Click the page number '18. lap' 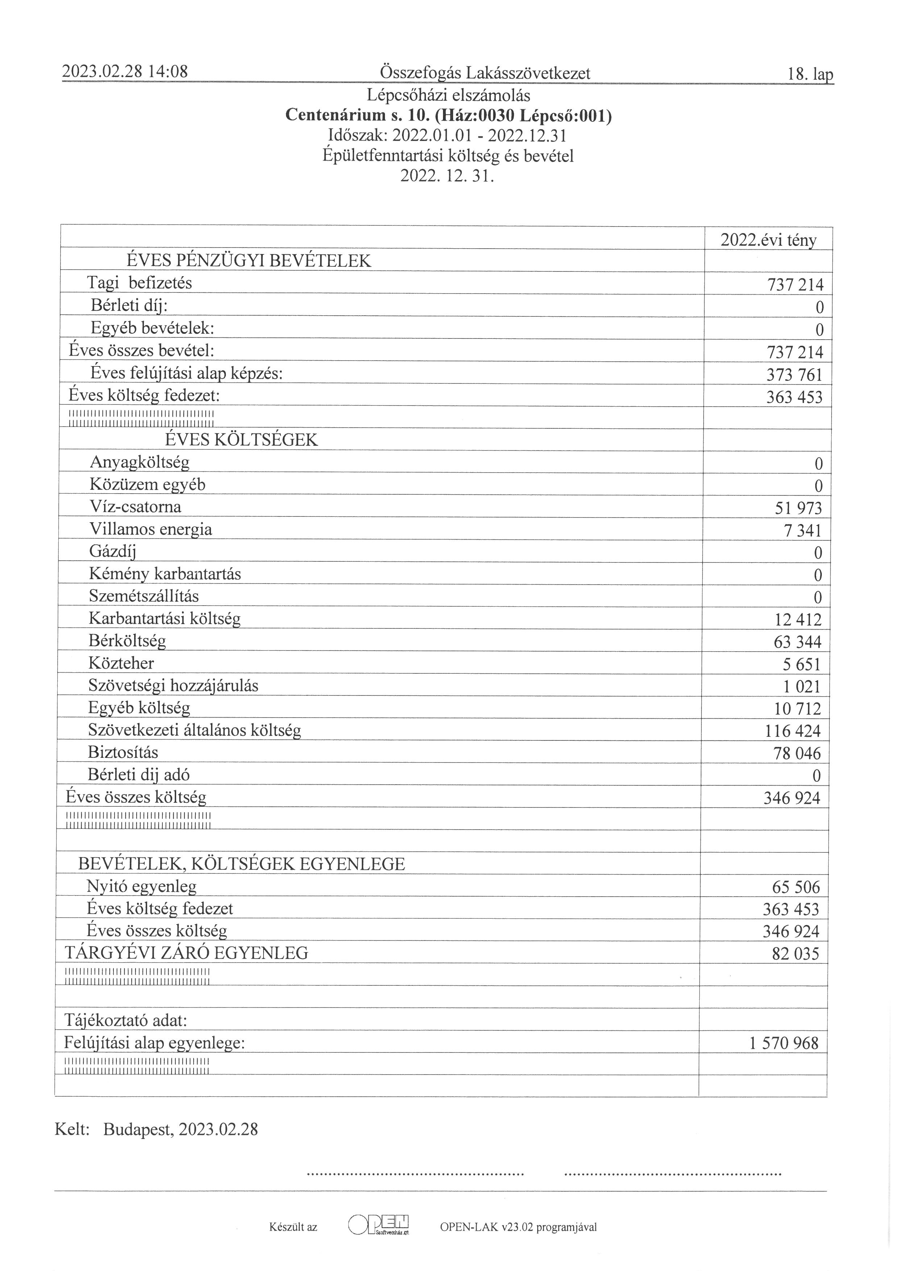click(x=809, y=74)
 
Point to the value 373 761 click(x=794, y=375)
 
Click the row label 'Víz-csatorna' click(x=135, y=507)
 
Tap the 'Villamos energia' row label click(x=150, y=529)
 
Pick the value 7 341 click(x=802, y=531)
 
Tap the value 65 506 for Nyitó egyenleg click(x=795, y=887)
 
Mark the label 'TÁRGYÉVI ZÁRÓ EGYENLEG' click(x=187, y=953)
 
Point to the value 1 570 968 click(x=783, y=1043)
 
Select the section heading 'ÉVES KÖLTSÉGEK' click(x=241, y=440)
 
